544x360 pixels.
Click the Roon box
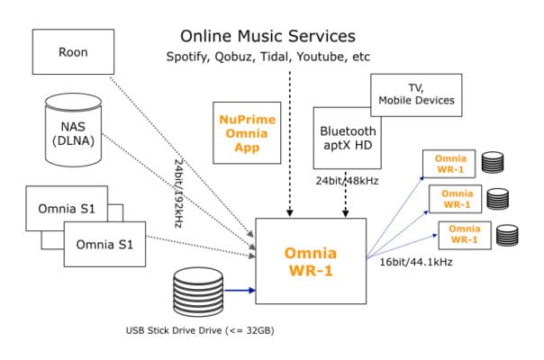point(72,52)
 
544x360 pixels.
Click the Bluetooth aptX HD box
point(347,137)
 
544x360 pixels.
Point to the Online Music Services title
point(267,37)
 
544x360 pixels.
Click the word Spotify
point(187,58)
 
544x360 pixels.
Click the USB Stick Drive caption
point(200,330)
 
